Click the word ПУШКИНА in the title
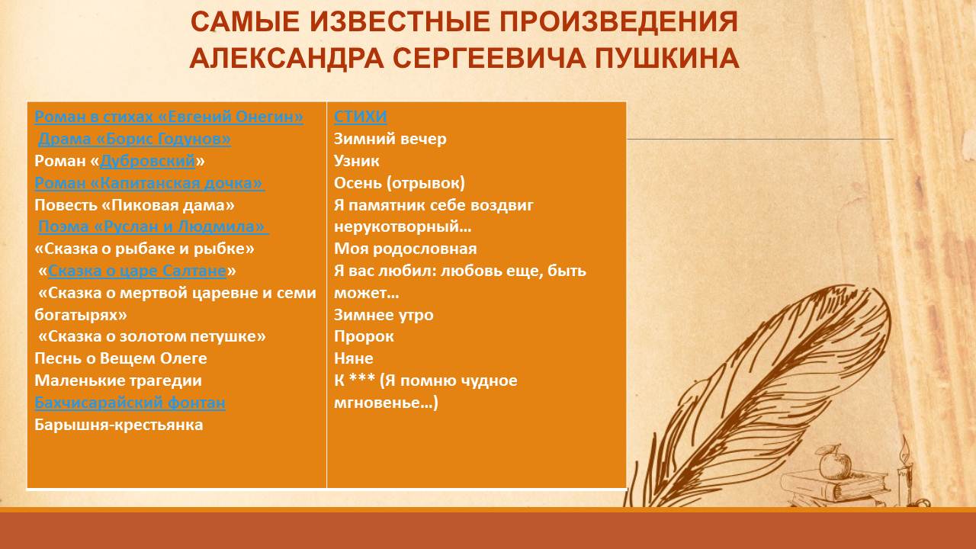667,59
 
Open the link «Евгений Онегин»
230,117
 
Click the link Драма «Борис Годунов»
135,139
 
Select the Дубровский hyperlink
148,161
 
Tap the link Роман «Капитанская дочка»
149,183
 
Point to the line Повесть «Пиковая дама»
135,205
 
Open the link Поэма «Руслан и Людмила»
153,226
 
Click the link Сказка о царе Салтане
137,271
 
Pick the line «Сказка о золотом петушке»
152,336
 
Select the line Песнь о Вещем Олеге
120,358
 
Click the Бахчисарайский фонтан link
130,403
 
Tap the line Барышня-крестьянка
118,425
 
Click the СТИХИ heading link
361,117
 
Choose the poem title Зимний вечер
390,139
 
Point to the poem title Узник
356,161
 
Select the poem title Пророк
364,336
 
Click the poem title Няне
353,358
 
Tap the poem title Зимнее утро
384,315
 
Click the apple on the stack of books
835,462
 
